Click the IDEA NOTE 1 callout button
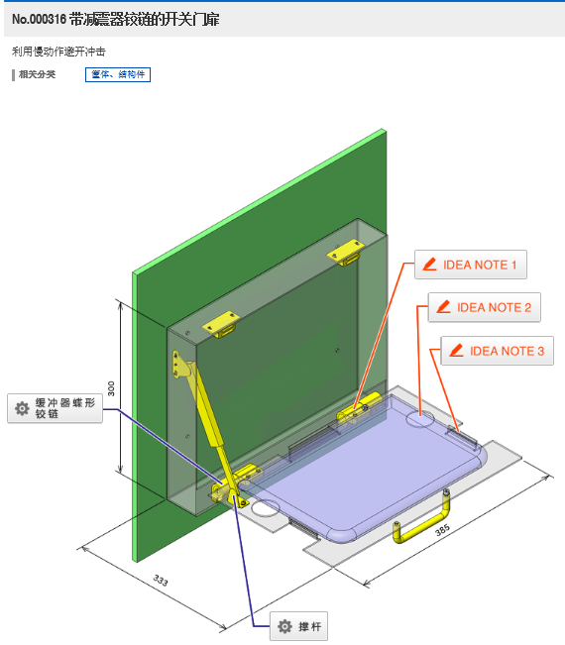point(471,265)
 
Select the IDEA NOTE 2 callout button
point(485,307)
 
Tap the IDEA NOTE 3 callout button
point(498,351)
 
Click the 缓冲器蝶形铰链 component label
point(55,408)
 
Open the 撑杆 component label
point(298,626)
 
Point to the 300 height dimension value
point(111,388)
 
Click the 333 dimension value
point(161,580)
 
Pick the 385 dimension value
point(442,530)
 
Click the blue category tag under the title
point(118,74)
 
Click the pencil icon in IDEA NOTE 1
point(430,265)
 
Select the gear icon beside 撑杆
point(284,626)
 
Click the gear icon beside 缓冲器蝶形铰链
point(22,408)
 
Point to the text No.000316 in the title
point(39,20)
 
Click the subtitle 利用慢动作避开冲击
point(58,52)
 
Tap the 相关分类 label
point(37,74)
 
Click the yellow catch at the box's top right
point(346,252)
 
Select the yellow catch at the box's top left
point(221,325)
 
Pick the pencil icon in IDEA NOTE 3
point(457,351)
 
